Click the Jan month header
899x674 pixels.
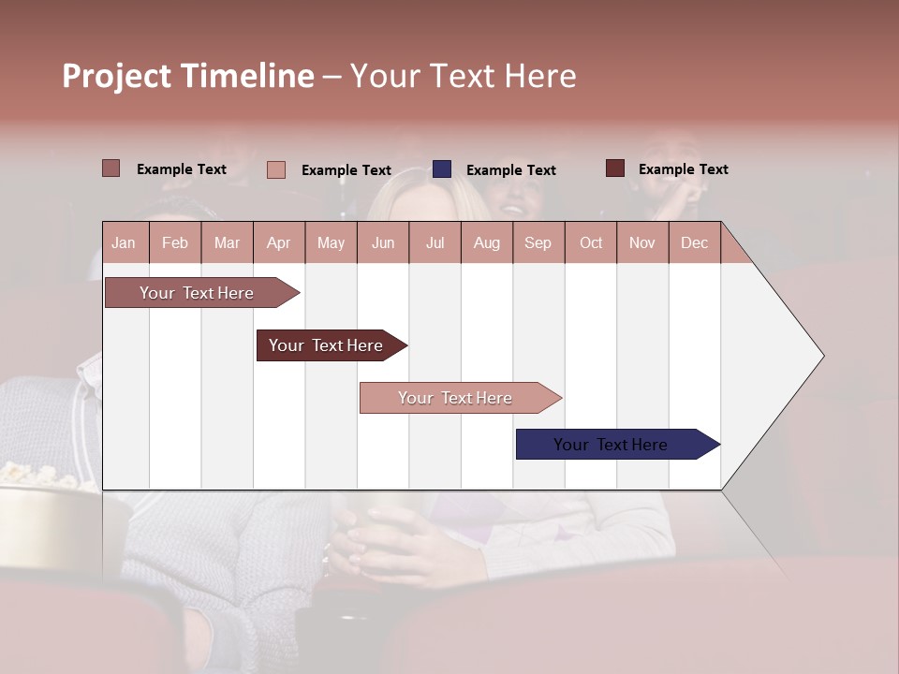[124, 242]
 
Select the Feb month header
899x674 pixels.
[175, 242]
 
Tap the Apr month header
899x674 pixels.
[278, 242]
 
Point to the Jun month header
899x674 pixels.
[383, 242]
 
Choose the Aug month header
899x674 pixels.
[486, 242]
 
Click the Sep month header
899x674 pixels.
[538, 242]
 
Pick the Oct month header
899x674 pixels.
[591, 242]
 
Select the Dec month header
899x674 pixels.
[694, 242]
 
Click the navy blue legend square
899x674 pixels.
[442, 169]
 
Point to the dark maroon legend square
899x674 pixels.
[615, 168]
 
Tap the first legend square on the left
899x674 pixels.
[111, 168]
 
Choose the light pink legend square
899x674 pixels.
[276, 169]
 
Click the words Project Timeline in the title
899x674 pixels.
[188, 76]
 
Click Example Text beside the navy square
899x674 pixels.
[510, 170]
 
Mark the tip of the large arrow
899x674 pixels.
[822, 356]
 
